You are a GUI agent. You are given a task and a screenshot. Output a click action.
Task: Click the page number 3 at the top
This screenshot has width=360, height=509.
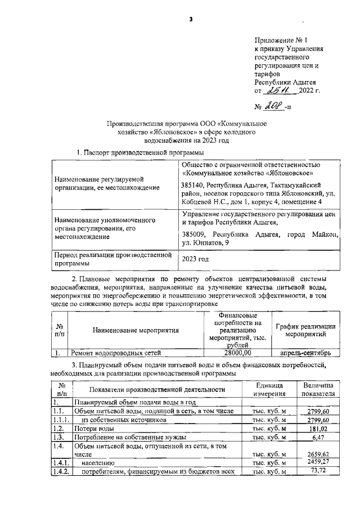tap(191, 20)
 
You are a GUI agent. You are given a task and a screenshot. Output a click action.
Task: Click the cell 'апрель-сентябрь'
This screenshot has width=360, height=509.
tap(305, 353)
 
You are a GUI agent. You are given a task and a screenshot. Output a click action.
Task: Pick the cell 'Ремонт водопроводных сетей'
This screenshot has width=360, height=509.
tap(115, 353)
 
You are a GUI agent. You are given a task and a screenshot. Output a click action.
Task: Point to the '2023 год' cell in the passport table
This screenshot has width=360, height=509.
tap(196, 259)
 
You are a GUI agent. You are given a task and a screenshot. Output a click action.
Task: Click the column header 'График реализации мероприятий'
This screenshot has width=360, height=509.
tap(305, 330)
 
